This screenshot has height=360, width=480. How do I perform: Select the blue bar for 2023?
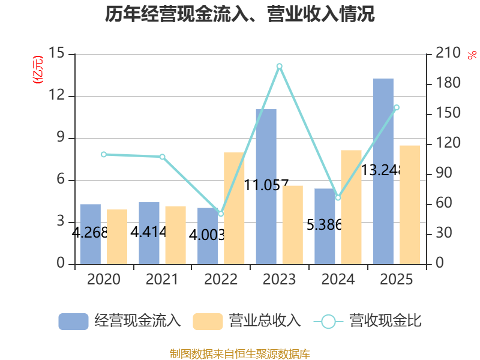266,186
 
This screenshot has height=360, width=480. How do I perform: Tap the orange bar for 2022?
234,208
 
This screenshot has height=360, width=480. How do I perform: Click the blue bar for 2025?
383,171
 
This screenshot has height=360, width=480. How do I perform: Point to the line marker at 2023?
279,66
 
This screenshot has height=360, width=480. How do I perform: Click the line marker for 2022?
221,214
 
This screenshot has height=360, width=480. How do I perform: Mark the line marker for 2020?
104,154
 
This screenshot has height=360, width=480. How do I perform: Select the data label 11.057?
266,185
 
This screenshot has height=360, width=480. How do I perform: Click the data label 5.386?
324,226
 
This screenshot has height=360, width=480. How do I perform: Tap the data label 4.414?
148,232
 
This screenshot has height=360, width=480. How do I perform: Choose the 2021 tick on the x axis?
162,280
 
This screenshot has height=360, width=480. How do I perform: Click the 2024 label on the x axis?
338,280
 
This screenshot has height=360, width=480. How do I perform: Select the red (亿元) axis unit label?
38,69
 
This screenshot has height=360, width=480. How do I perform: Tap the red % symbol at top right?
471,55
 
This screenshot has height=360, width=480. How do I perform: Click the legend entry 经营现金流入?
120,321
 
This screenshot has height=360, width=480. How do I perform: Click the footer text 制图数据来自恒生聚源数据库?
240,353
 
